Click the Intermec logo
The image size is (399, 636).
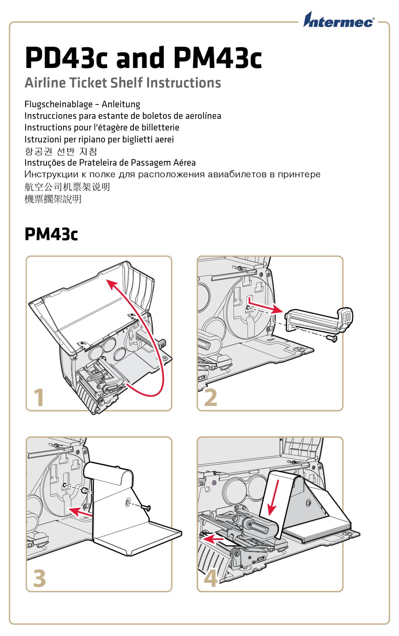pyautogui.click(x=339, y=20)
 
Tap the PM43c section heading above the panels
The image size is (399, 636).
pyautogui.click(x=51, y=234)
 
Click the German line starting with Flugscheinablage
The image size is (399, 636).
pyautogui.click(x=82, y=104)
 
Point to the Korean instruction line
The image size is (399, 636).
pyautogui.click(x=61, y=151)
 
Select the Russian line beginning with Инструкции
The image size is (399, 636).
pyautogui.click(x=172, y=174)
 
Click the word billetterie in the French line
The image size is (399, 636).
pyautogui.click(x=160, y=128)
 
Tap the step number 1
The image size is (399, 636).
pyautogui.click(x=39, y=397)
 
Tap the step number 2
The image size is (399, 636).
pyautogui.click(x=210, y=397)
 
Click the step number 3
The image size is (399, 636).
pyautogui.click(x=39, y=578)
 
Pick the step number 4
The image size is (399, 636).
pyautogui.click(x=210, y=578)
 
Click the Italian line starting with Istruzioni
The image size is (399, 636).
pyautogui.click(x=99, y=139)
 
